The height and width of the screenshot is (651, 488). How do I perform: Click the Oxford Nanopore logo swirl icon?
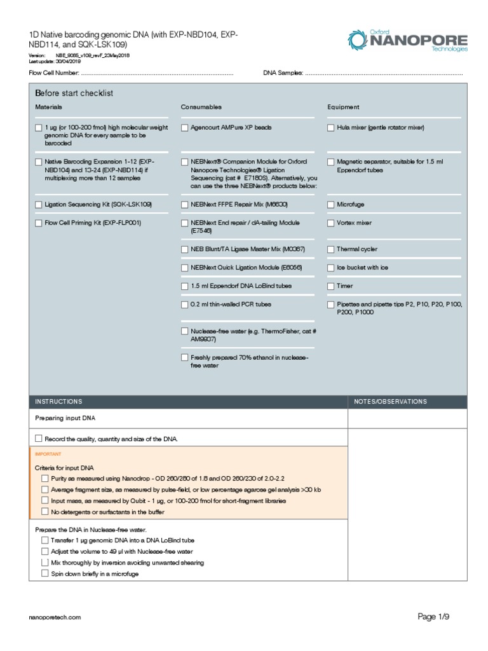[x=359, y=41]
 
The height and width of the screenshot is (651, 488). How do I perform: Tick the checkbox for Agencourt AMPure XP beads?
[x=185, y=128]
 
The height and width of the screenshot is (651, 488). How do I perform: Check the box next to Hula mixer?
[x=331, y=128]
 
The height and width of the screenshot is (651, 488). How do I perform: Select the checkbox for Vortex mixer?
[x=331, y=223]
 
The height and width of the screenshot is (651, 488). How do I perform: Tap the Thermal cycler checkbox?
[x=331, y=249]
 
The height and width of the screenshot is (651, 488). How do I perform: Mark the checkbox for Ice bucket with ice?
[x=331, y=268]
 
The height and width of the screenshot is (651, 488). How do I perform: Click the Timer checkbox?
[x=331, y=286]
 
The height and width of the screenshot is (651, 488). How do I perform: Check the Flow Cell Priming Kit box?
[x=39, y=223]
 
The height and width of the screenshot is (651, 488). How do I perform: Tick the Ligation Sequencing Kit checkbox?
[x=39, y=205]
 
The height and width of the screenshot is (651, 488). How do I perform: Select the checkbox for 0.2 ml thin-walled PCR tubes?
[x=185, y=305]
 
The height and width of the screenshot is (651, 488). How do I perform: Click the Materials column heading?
[x=48, y=107]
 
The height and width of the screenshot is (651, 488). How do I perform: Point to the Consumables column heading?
[x=201, y=107]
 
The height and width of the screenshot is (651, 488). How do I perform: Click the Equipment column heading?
[x=343, y=107]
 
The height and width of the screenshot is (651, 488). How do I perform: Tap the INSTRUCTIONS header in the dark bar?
[x=58, y=402]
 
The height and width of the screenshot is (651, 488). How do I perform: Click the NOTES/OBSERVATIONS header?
[x=390, y=402]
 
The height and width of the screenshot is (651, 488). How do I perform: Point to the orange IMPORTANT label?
[x=48, y=454]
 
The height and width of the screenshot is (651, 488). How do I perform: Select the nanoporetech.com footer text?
[x=55, y=617]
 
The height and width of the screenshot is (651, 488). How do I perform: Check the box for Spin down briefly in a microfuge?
[x=44, y=573]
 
